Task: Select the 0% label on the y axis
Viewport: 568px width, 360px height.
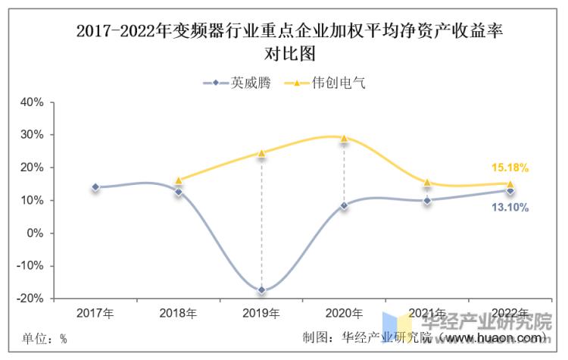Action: tap(35, 233)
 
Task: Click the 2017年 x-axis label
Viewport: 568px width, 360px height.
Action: tap(95, 313)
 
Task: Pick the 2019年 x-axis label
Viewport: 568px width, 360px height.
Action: tap(261, 313)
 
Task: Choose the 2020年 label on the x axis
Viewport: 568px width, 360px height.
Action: tap(344, 313)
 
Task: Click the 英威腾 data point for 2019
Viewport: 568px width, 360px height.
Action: tap(261, 290)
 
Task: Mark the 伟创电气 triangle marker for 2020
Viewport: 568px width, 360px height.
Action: tap(344, 139)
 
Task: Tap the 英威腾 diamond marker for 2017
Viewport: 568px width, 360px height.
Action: tap(95, 187)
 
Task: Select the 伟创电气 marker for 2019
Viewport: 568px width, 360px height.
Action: tap(261, 153)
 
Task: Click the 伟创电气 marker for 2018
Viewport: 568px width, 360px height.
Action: tap(179, 180)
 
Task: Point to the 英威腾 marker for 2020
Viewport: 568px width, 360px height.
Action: tap(344, 205)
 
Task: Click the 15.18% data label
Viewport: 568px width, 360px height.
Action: tap(510, 167)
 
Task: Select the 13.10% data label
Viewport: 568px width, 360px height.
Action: tap(510, 207)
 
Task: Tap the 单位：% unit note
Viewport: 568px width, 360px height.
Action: tap(44, 338)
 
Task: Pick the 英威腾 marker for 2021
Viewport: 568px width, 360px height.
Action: tap(427, 201)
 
